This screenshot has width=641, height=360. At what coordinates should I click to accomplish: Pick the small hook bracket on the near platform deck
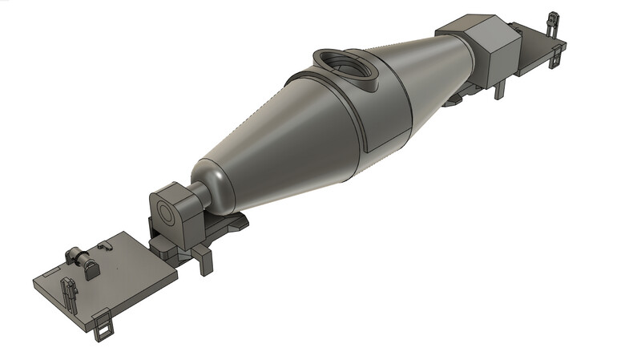pos(105,242)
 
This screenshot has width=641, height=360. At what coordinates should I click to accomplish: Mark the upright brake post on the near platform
pos(67,289)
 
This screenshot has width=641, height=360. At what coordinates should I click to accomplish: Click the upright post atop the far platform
pos(551,23)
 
